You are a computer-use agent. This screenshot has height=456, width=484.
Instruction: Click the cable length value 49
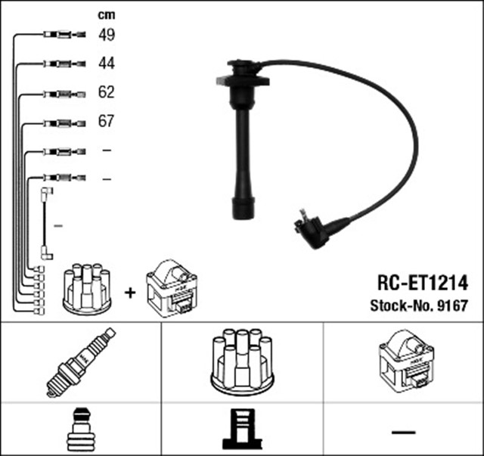pyautogui.click(x=106, y=34)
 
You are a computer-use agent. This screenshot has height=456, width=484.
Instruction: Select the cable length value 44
pyautogui.click(x=106, y=64)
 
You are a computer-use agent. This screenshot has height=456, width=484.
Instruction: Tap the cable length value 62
pyautogui.click(x=106, y=93)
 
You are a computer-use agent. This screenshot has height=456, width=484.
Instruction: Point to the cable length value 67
pyautogui.click(x=106, y=122)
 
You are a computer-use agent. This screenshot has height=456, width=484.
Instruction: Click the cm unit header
pyautogui.click(x=106, y=14)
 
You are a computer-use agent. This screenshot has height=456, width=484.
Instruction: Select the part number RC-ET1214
pyautogui.click(x=423, y=284)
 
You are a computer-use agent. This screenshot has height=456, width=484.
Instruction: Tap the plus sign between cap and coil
pyautogui.click(x=129, y=291)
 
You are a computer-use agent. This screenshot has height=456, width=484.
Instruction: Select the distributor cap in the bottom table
pyautogui.click(x=242, y=361)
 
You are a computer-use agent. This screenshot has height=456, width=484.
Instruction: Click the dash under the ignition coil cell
pyautogui.click(x=404, y=432)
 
